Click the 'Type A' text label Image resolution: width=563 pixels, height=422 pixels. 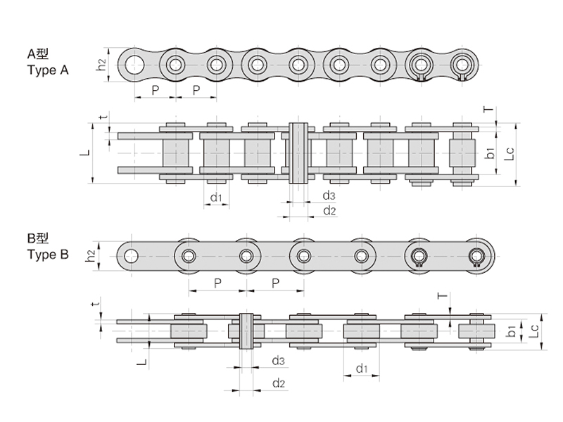coord(48,70)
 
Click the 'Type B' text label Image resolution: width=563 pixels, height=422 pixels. coord(48,255)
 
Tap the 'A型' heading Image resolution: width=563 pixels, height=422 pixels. coord(38,54)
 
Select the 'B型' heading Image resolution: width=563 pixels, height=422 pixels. coord(38,238)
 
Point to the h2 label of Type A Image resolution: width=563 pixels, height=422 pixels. coord(101,65)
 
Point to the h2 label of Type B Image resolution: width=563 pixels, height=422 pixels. coord(91,256)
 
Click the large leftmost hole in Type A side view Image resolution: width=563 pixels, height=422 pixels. coord(134,65)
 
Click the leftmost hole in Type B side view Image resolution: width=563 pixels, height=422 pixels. coord(131,256)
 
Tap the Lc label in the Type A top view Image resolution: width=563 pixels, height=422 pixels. coord(510,154)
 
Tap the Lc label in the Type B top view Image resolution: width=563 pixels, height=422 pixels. coord(535,331)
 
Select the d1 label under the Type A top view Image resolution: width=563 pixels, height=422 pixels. coord(217,197)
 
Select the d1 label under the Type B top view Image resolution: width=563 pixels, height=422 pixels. coord(362,368)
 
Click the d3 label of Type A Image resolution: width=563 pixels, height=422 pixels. coord(329,196)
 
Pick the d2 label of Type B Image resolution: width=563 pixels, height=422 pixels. coord(279,383)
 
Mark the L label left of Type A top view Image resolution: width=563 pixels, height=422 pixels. coord(84,153)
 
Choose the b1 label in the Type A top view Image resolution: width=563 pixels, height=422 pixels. coord(490,153)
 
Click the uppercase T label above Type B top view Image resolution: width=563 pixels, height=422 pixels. coord(443,295)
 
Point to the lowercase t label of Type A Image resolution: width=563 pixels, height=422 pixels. coord(104,117)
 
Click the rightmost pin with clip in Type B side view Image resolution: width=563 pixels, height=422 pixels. coord(476,257)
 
